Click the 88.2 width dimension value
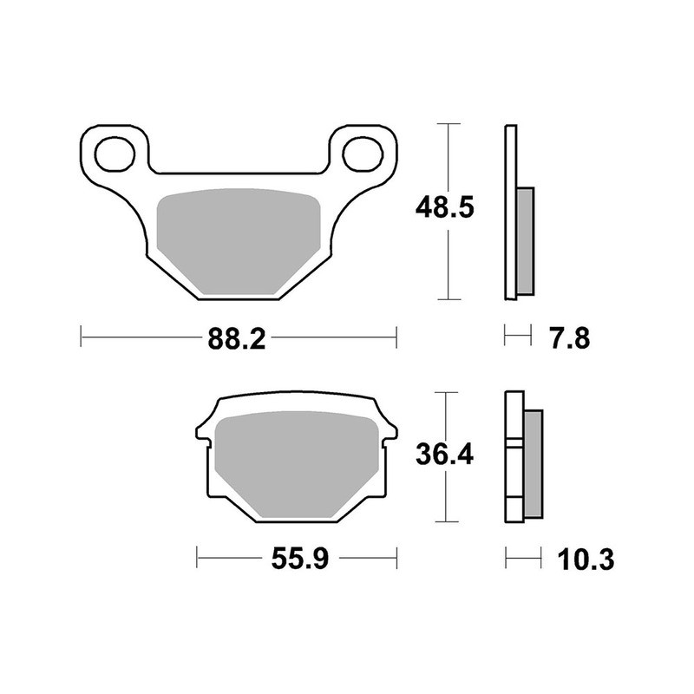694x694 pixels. tap(236, 337)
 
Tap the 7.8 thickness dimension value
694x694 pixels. tap(570, 337)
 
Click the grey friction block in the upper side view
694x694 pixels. tap(526, 239)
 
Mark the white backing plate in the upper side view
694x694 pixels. tap(511, 213)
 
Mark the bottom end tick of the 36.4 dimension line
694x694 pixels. tap(448, 521)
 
